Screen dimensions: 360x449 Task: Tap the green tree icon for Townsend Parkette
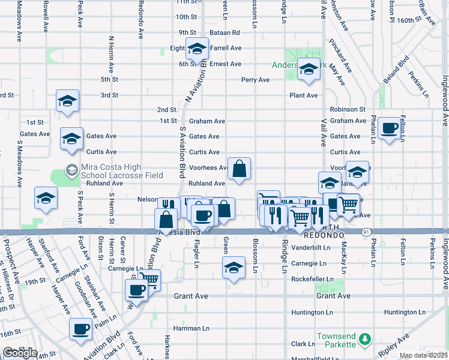coord(364,340)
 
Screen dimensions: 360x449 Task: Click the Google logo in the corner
coord(20,353)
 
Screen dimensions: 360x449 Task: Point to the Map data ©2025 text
coord(424,355)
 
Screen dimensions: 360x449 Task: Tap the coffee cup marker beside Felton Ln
coord(390,128)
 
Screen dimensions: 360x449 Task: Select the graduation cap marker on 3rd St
coord(68,100)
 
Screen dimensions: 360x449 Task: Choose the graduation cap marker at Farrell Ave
coord(197,48)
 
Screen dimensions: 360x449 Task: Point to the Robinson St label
coord(348,110)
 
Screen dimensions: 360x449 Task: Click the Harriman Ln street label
coord(191,328)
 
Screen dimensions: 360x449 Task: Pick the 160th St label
coord(414,20)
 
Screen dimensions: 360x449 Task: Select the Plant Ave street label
coord(303,95)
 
